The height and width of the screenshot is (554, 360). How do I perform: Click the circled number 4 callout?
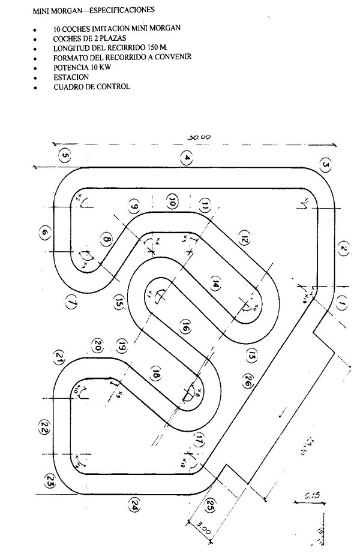tap(188, 158)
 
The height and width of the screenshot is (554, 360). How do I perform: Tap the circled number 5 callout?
tap(65, 158)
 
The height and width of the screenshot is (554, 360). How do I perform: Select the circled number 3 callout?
tap(326, 164)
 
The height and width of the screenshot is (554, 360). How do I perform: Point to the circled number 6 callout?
tap(44, 233)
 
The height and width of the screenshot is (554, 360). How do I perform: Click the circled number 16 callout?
tap(185, 327)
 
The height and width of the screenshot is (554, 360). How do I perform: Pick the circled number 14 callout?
tap(215, 285)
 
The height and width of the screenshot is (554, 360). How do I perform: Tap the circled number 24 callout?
tap(134, 507)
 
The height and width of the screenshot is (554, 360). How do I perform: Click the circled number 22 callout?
tap(43, 427)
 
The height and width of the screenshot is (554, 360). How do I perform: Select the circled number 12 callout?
tap(244, 238)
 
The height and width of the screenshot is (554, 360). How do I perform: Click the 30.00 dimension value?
tap(199, 137)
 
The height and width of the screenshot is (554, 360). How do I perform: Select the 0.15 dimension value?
tap(311, 495)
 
